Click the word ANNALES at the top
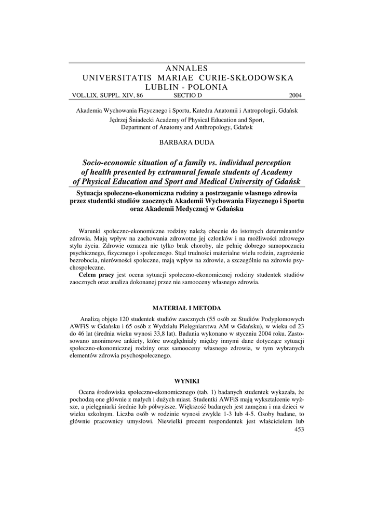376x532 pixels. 187,69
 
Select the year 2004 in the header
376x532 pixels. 296,96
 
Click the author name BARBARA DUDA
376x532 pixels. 187,141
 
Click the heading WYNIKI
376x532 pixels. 187,381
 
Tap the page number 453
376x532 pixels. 299,429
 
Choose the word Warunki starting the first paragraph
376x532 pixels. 90,230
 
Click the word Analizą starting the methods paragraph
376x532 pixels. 91,320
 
